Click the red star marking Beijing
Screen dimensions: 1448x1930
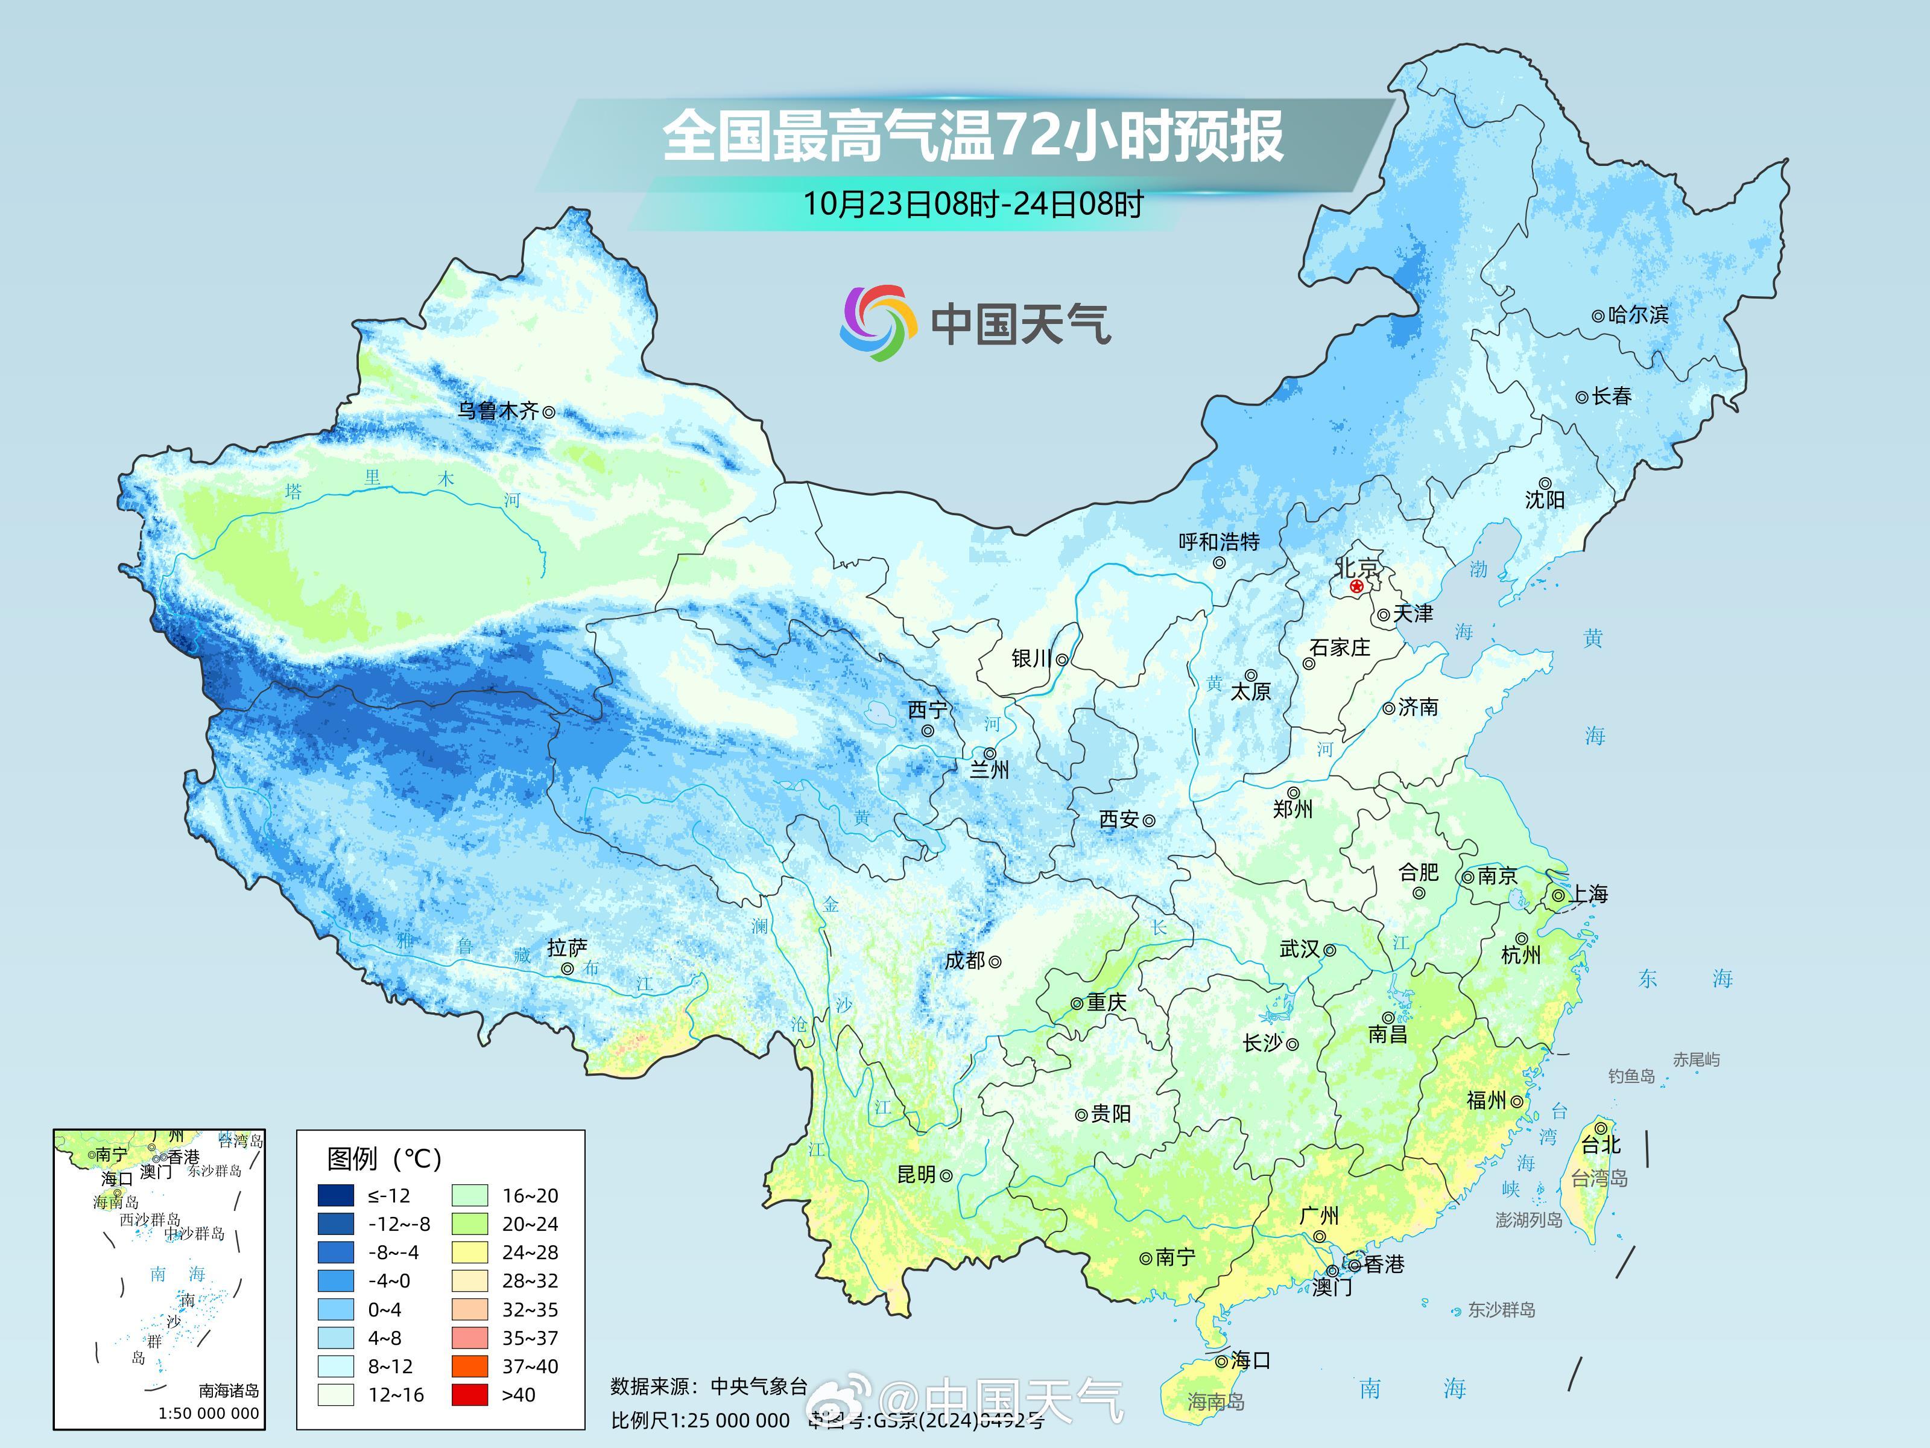coord(1356,586)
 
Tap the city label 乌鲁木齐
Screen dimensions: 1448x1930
coord(498,410)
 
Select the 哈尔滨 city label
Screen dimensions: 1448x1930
coord(1637,314)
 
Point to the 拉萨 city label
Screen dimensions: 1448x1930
coord(567,948)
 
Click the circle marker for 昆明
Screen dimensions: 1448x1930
coord(946,1176)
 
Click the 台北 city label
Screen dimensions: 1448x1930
coord(1601,1145)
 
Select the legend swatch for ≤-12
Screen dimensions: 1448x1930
coord(336,1195)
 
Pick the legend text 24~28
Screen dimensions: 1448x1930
coord(530,1253)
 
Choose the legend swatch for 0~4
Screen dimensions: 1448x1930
coord(336,1309)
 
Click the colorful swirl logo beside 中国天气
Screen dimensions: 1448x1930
coord(878,323)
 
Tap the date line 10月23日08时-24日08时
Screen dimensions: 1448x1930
coord(972,205)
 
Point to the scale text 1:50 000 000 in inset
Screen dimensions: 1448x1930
coord(209,1413)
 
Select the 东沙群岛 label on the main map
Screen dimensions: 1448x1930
coord(1501,1309)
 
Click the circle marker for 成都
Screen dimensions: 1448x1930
coord(995,962)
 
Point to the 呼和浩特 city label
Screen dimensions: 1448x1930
coord(1219,542)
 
